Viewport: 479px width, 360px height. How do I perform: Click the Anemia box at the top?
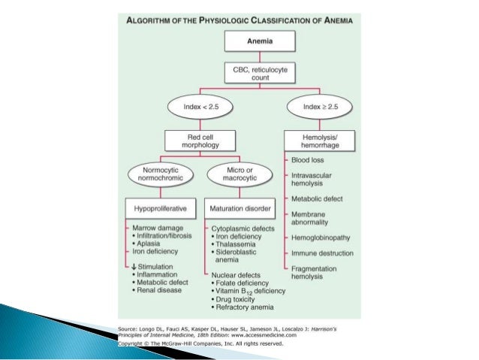point(260,42)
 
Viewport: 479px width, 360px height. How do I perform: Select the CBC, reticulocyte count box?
point(260,74)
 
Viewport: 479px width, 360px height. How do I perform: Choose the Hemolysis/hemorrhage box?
point(319,141)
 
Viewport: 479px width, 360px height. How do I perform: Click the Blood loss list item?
point(307,160)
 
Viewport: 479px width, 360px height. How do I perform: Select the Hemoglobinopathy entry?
point(320,234)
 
